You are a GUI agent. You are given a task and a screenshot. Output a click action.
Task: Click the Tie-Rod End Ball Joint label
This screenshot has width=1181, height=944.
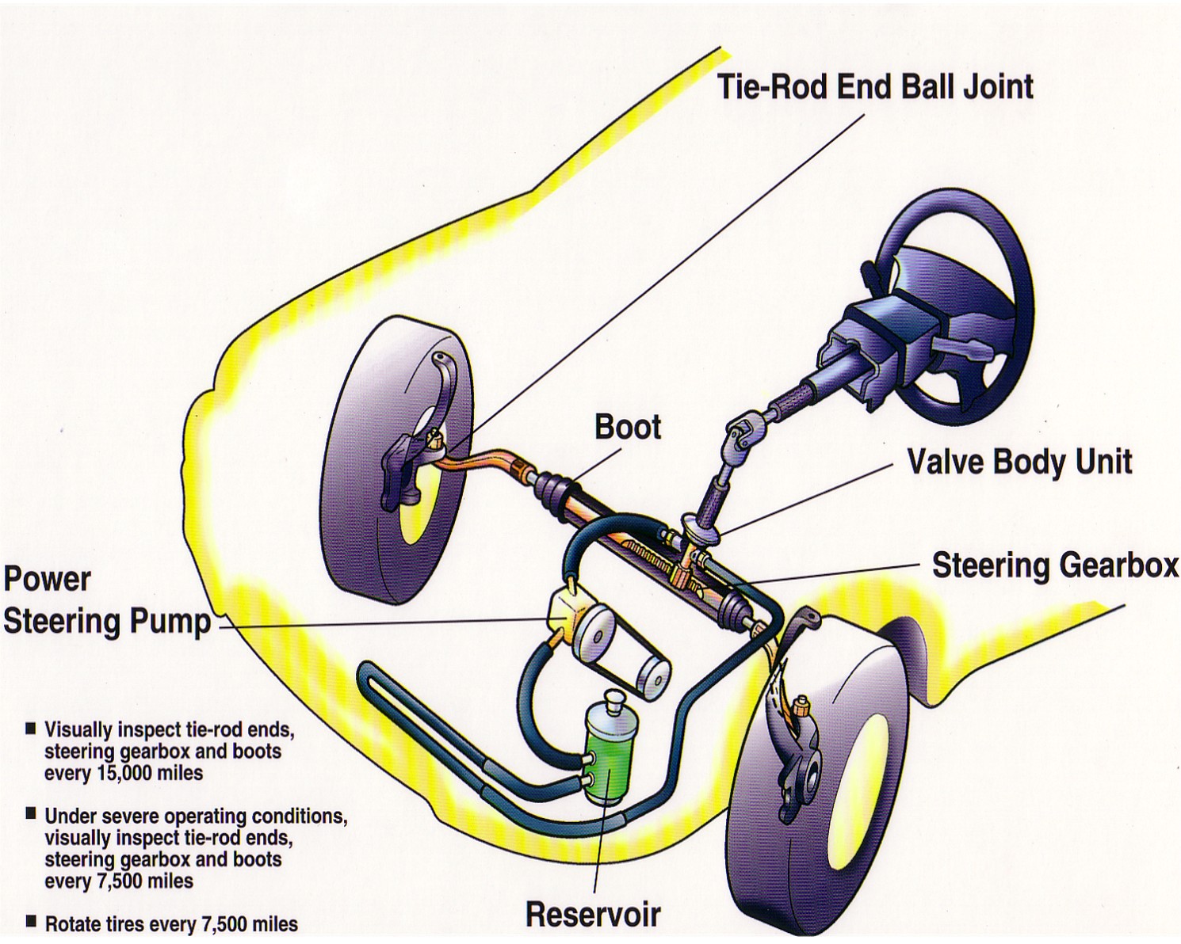pos(874,86)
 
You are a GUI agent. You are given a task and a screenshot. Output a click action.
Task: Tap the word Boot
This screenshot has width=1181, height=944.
pos(627,427)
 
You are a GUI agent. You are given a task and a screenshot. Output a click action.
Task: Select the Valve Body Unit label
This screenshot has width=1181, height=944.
pos(1019,462)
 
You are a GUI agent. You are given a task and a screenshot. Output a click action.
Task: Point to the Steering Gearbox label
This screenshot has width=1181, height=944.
pos(1055,565)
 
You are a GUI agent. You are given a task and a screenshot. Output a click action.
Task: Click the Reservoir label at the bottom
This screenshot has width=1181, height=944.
pos(593,915)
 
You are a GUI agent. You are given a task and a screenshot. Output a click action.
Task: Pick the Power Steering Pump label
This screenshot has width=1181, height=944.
pos(107,600)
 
